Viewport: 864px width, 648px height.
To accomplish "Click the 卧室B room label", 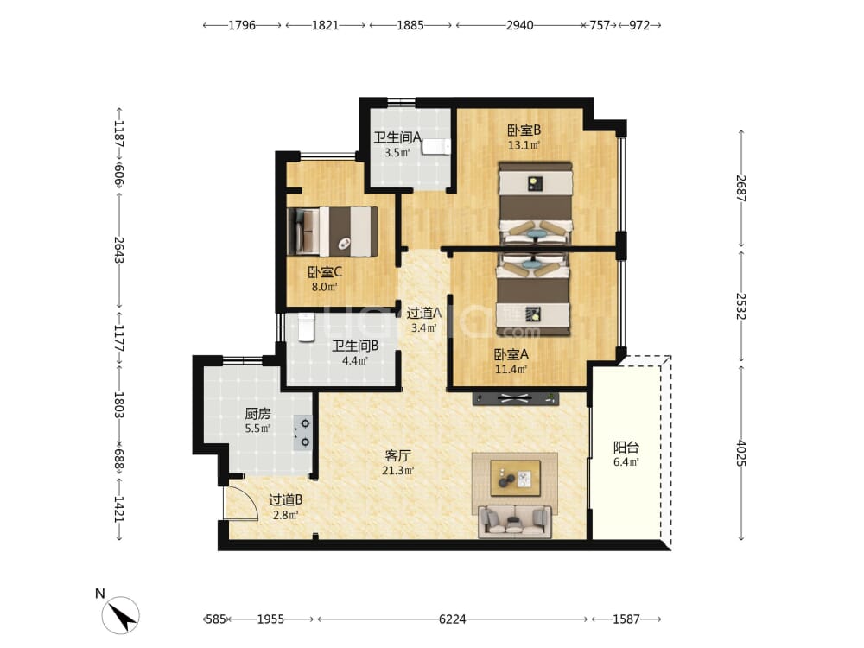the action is click(524, 130).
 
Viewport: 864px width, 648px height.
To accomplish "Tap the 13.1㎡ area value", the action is click(524, 145).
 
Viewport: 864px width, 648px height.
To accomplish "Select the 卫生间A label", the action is click(397, 137).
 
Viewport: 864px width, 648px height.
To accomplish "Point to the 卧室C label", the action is click(325, 271).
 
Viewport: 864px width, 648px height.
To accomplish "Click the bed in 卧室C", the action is click(333, 232).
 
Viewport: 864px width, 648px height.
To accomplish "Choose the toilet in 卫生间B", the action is click(306, 327).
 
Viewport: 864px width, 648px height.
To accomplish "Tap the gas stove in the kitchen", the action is click(302, 433).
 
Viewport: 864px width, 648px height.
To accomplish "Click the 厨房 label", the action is click(257, 413).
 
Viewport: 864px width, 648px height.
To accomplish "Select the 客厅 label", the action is click(397, 455).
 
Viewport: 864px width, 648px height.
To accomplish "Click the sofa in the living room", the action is click(515, 521).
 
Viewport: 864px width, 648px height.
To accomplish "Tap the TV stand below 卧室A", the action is click(515, 398).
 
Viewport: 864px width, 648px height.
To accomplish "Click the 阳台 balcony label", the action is click(626, 448).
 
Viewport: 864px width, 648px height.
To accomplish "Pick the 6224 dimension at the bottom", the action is click(453, 619).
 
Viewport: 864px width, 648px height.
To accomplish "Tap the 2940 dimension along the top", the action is click(519, 25).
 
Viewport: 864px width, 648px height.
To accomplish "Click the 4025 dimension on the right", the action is click(741, 453).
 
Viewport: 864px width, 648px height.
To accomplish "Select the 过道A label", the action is click(423, 313).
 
